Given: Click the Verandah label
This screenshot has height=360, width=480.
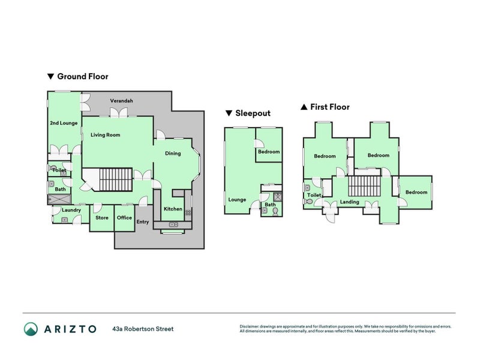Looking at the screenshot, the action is point(122,101).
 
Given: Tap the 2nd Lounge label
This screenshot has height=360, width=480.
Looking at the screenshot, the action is point(64,123).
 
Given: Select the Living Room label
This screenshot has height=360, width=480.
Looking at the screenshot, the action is point(106,134).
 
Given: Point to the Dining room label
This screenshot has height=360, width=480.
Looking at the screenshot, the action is point(173,154).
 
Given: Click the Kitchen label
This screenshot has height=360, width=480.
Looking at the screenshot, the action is point(173,209).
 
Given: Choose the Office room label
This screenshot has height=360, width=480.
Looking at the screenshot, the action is point(124,218).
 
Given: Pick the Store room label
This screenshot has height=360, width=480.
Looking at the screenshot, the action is point(102,218).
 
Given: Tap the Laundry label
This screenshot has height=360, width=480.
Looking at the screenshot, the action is point(71,210).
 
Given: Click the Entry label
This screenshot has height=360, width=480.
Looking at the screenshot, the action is point(143,221).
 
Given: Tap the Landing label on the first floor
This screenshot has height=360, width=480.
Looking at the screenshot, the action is point(350,202).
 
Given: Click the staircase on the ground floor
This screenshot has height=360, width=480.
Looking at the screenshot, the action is point(116,179).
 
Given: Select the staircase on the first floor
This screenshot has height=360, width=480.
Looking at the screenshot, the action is point(364,186).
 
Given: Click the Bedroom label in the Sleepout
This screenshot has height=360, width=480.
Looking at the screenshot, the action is point(269,152).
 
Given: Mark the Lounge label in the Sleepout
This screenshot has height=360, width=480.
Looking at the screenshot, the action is point(237,200).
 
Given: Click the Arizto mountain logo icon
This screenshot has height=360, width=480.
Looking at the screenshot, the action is point(31,329).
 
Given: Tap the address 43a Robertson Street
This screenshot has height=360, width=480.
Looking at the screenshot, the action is point(143,329).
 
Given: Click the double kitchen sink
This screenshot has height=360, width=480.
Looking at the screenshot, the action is point(173,224).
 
